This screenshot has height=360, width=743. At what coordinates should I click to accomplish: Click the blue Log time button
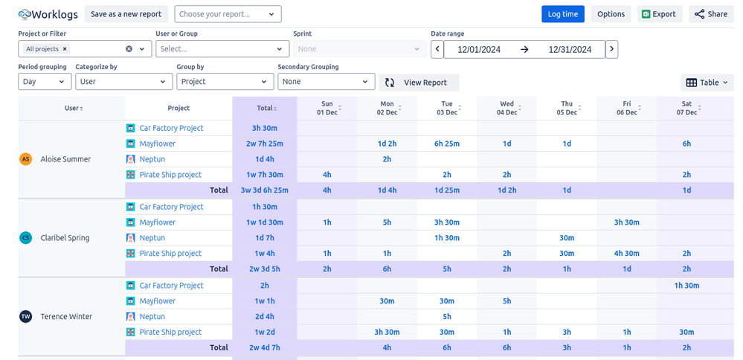[562, 14]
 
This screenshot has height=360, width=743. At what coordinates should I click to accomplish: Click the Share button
[711, 14]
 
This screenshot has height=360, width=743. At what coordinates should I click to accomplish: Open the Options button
[611, 14]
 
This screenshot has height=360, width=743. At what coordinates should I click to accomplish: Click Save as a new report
[126, 14]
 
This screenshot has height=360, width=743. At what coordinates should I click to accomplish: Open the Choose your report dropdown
[228, 14]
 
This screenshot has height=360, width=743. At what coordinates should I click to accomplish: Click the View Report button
[419, 83]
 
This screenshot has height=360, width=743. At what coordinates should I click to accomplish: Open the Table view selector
[707, 83]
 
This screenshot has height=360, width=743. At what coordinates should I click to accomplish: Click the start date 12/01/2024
[479, 50]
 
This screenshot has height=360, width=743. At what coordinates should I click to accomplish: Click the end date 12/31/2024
[570, 50]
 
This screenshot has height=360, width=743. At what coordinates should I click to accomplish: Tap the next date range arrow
[611, 50]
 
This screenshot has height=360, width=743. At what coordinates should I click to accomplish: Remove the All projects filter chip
[65, 49]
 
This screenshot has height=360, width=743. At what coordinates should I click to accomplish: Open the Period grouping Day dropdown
[45, 82]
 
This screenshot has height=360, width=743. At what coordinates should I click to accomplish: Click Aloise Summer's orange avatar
[26, 159]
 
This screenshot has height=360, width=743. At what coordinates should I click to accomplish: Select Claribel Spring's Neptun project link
[152, 238]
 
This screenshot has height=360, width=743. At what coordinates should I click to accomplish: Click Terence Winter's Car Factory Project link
[171, 286]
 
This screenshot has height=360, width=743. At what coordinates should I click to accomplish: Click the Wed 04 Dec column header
[506, 108]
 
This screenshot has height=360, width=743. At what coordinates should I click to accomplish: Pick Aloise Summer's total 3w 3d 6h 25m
[265, 190]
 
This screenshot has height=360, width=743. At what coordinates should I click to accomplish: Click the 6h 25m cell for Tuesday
[446, 144]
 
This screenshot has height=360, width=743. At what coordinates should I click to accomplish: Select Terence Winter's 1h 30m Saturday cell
[686, 286]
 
